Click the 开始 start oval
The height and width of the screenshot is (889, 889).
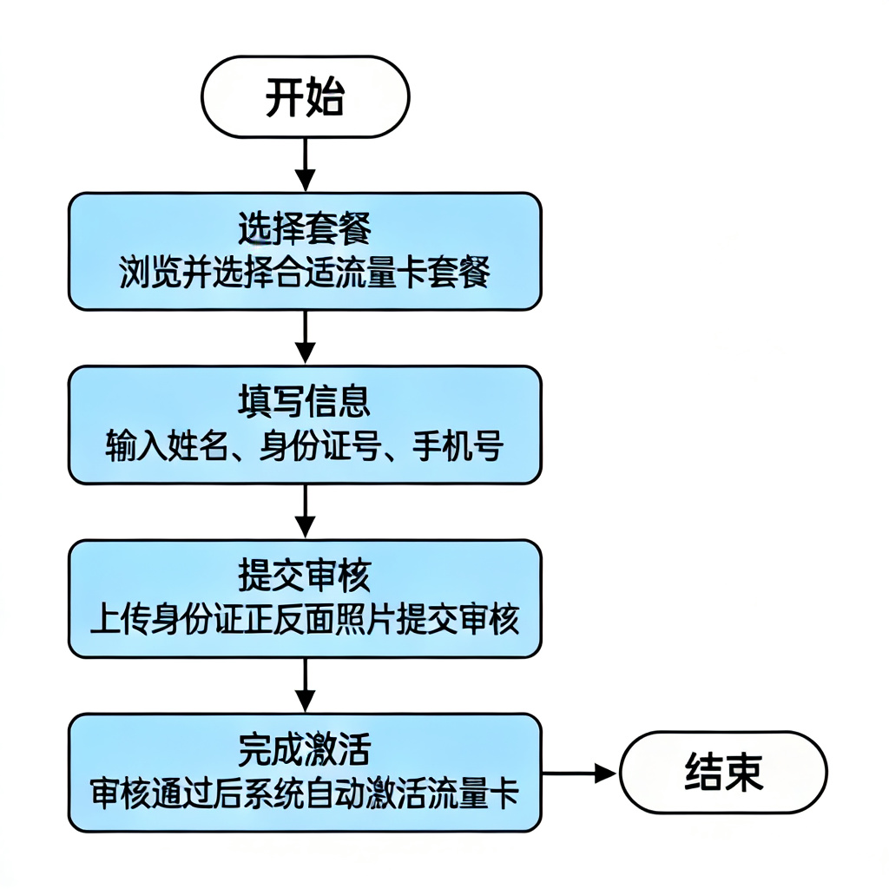[305, 97]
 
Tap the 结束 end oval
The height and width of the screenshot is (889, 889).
[724, 772]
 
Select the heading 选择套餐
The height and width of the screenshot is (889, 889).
[305, 230]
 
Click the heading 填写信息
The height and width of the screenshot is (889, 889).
[305, 402]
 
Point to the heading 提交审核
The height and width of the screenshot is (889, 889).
[305, 576]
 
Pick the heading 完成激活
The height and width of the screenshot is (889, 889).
[305, 748]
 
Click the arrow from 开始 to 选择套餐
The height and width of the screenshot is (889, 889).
[305, 164]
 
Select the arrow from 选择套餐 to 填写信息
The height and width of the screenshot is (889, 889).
[305, 337]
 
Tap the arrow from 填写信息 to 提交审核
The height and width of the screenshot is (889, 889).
[305, 510]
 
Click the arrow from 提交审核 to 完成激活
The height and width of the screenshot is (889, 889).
[305, 684]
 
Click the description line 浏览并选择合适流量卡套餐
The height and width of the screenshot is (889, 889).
[305, 273]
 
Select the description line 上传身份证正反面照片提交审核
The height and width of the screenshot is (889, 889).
[305, 620]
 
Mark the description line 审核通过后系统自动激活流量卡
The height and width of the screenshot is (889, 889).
[305, 793]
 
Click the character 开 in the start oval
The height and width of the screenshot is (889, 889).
[285, 97]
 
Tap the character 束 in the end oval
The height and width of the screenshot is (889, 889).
[745, 772]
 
